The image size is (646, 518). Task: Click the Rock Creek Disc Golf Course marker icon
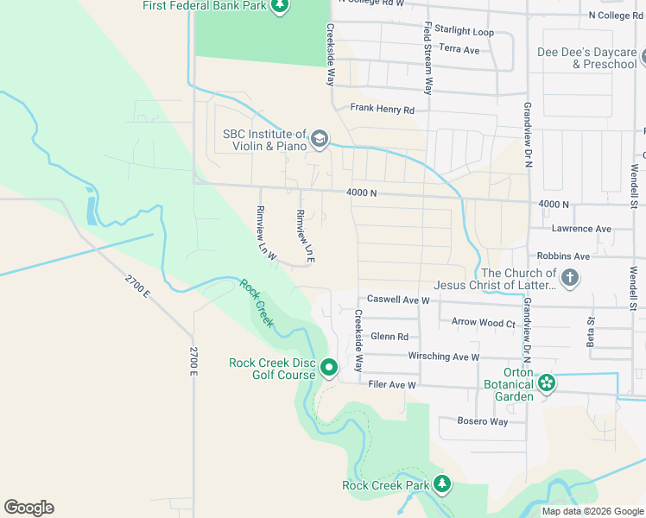329,369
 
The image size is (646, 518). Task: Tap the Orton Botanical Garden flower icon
546,382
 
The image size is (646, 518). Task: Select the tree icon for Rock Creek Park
442,483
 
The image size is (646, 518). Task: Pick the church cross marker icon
569,278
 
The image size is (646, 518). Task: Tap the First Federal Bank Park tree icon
279,7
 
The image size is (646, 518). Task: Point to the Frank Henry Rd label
382,110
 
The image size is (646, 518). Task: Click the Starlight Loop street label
464,32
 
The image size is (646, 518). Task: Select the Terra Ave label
459,50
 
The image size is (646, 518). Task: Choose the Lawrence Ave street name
580,229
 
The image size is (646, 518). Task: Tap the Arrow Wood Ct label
483,322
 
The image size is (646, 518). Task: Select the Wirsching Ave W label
443,357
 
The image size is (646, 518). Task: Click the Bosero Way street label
473,421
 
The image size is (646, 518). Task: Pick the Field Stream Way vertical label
427,59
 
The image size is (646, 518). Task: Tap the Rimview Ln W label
264,233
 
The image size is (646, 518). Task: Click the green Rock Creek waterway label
256,303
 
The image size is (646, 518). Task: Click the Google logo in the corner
28,508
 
